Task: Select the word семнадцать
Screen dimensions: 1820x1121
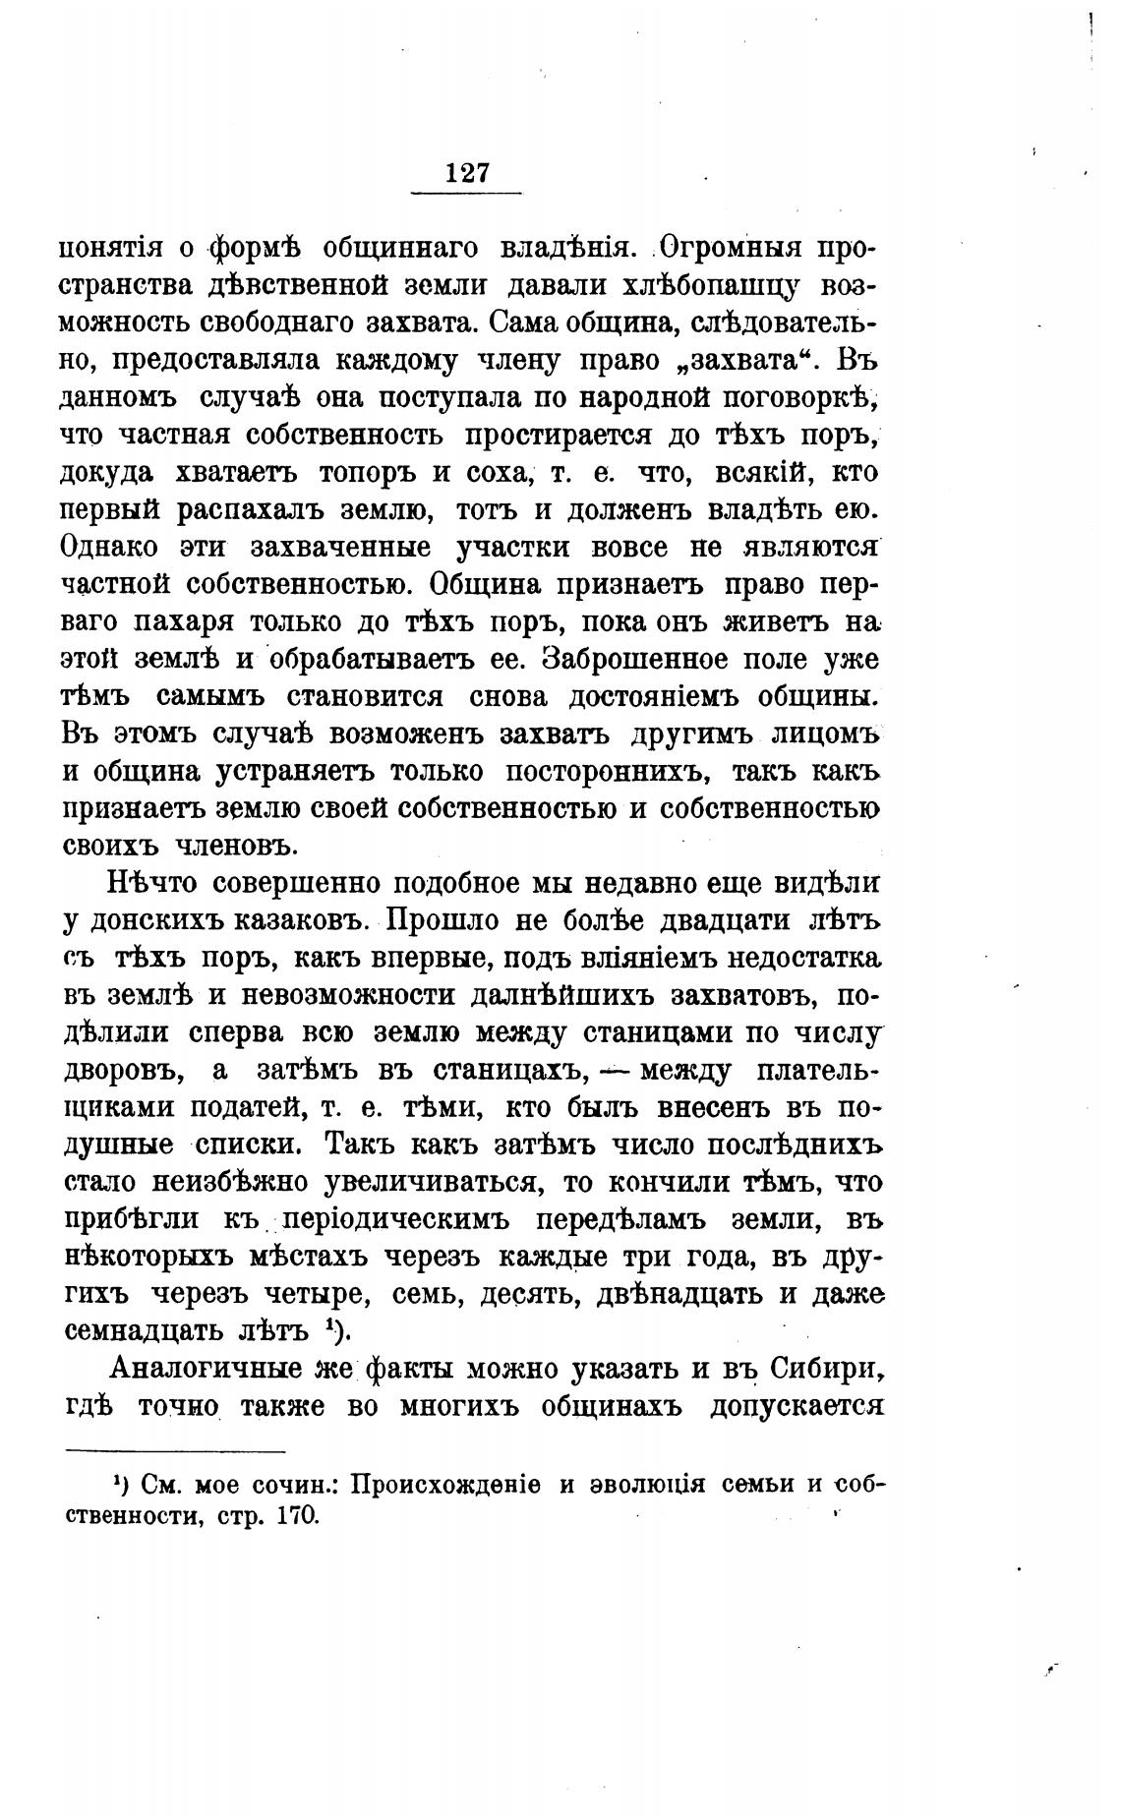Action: click(x=145, y=1332)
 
